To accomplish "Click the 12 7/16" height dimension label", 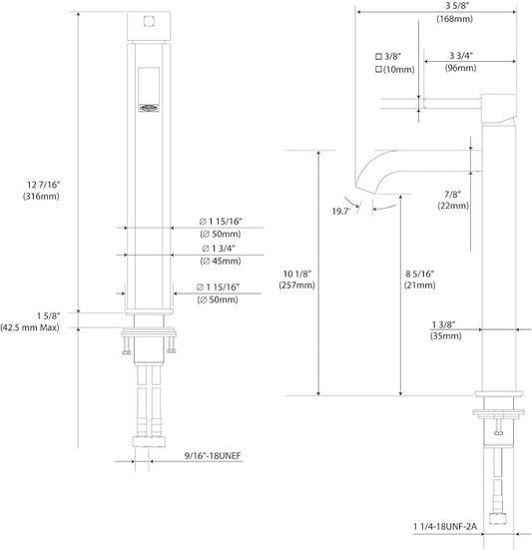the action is click(44, 185).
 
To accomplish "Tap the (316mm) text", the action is click(41, 196).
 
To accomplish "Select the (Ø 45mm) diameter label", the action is click(221, 261).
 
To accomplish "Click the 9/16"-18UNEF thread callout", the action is click(213, 455).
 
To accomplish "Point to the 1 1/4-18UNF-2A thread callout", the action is click(445, 526).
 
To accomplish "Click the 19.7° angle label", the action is click(341, 212).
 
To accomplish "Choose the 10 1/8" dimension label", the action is click(297, 274).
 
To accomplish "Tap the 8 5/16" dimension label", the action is click(420, 274).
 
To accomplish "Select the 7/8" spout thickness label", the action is click(453, 194).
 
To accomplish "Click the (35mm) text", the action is click(446, 336).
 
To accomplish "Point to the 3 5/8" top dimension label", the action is click(457, 6).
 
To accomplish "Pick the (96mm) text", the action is click(460, 68).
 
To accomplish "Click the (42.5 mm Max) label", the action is click(30, 327).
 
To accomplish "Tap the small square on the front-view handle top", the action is click(149, 21).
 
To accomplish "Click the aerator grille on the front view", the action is click(149, 108).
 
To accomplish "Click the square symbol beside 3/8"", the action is click(378, 56).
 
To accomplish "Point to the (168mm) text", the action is click(454, 18).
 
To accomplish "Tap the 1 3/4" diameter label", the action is click(219, 249).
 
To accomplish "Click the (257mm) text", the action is click(297, 285).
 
